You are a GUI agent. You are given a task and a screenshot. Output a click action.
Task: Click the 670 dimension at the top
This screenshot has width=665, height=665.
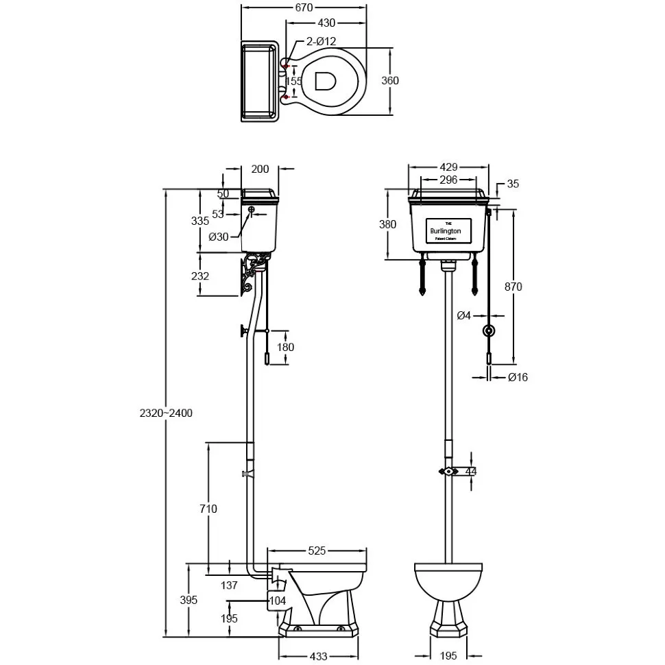pos(304,8)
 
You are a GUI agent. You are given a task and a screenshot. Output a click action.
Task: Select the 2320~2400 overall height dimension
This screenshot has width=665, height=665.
pos(166,413)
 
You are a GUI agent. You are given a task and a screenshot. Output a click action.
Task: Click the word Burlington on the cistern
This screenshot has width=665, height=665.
pos(446,232)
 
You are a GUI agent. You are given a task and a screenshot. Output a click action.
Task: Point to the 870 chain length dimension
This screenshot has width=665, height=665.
pos(513,287)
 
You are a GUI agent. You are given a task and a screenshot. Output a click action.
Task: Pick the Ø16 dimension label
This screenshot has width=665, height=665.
pos(518,376)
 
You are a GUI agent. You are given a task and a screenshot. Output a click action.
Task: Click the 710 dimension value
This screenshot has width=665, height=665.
pos(208,509)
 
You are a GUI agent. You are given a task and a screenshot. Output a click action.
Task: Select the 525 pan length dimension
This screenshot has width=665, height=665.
pos(317,550)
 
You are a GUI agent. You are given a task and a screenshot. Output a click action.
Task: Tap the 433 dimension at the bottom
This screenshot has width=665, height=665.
pos(319,656)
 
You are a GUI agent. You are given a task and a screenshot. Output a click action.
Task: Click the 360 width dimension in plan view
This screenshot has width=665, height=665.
pos(389,80)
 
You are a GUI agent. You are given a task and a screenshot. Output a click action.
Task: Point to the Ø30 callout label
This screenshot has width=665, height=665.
pos(219,237)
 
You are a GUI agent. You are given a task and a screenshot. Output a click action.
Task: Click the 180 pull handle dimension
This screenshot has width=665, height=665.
pos(285,347)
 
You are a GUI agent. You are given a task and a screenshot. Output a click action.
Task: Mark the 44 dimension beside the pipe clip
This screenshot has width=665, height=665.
pos(471,471)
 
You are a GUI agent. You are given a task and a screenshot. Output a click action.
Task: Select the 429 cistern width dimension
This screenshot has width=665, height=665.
pos(448,167)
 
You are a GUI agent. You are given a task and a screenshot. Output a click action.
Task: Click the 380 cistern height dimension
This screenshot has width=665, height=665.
pos(388,224)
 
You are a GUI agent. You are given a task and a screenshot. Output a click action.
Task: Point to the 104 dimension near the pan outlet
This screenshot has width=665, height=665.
pos(277,601)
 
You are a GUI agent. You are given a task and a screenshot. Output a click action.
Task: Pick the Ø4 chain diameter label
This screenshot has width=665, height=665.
pos(464,315)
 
